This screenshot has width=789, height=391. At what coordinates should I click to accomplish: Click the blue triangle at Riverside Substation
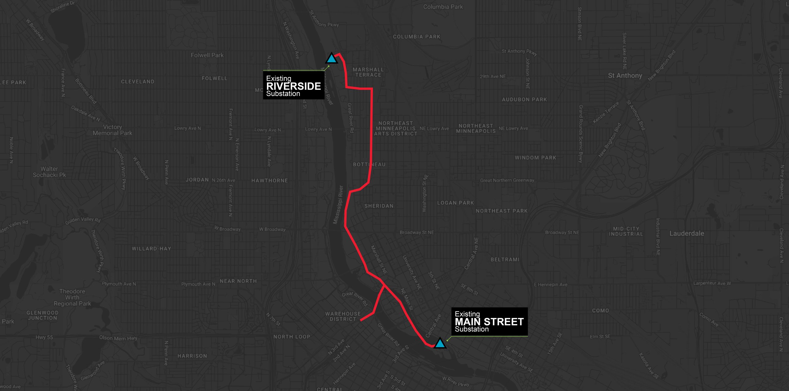pos(331,59)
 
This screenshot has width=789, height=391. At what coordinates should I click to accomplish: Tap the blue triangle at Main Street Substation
pos(440,344)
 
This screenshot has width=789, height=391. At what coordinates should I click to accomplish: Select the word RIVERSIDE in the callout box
pos(293,86)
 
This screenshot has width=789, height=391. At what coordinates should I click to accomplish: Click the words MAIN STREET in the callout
pos(489,322)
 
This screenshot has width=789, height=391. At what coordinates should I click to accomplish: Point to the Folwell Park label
pos(207,55)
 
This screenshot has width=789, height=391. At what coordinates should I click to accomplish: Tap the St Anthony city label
pos(625,76)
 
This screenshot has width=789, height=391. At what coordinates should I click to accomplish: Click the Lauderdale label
pos(687,233)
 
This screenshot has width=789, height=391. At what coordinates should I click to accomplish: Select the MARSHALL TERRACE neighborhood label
pos(368,72)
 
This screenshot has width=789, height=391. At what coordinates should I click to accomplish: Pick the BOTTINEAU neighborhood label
pos(369,164)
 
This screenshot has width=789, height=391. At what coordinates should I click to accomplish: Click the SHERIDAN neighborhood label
pos(379,206)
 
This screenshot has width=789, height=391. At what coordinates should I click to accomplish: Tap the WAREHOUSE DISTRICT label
pos(343,316)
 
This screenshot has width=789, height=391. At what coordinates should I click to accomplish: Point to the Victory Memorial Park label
pos(112,130)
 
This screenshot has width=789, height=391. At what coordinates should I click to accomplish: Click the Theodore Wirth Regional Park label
pos(72,298)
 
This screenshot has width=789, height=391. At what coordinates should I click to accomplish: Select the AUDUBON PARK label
pos(524,100)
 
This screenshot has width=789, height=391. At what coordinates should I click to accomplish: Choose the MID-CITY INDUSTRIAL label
pos(626,231)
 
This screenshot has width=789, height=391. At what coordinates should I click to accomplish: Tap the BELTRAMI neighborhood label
pos(505,260)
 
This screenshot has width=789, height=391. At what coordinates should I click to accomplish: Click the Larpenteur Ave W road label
pos(712,283)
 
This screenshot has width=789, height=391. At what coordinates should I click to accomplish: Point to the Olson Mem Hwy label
pos(118,338)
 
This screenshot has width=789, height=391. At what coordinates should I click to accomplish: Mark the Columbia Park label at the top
pos(443,7)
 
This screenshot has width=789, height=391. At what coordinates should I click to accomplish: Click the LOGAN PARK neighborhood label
pos(455,203)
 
